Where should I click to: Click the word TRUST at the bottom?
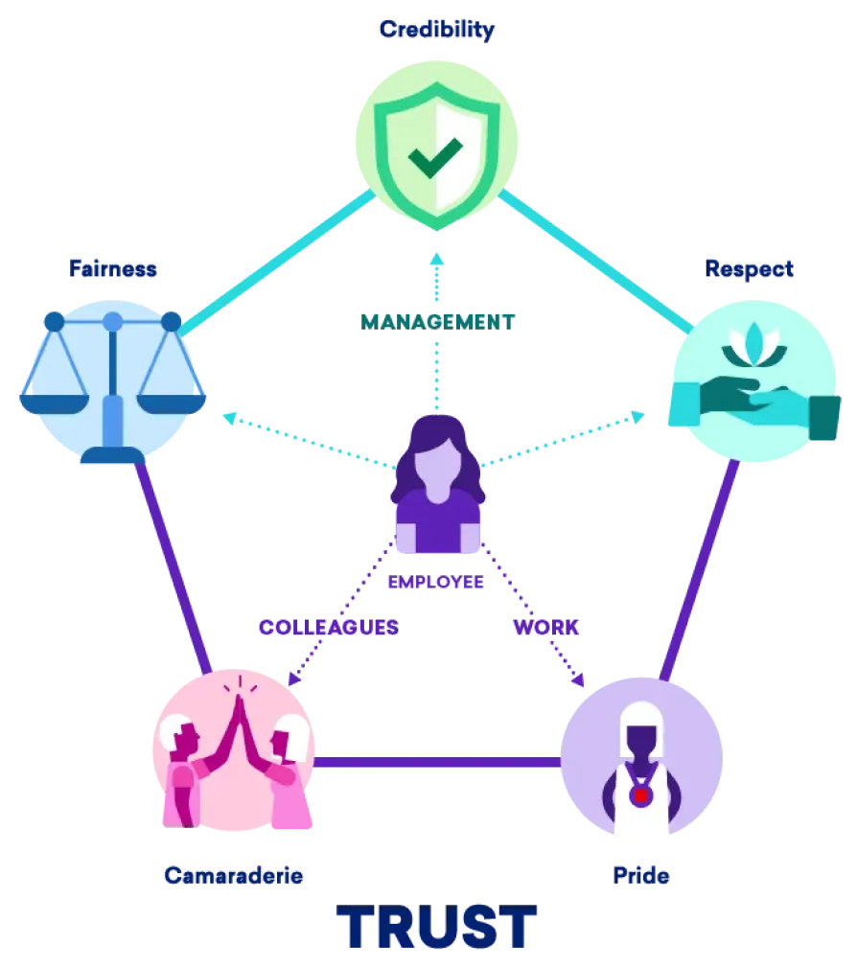coord(436,927)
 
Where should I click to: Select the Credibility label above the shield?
coord(436,29)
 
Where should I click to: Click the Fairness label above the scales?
coord(113,269)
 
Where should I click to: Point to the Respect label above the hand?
coord(751,269)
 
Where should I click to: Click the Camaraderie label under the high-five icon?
coord(233,874)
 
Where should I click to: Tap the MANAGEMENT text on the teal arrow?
coord(437,319)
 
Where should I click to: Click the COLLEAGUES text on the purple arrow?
coord(327,628)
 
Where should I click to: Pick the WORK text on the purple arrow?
coord(545,628)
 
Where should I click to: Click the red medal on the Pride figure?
coord(640,795)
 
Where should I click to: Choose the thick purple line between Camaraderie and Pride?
coord(437,763)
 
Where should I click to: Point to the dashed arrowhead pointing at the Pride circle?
coord(579,681)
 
